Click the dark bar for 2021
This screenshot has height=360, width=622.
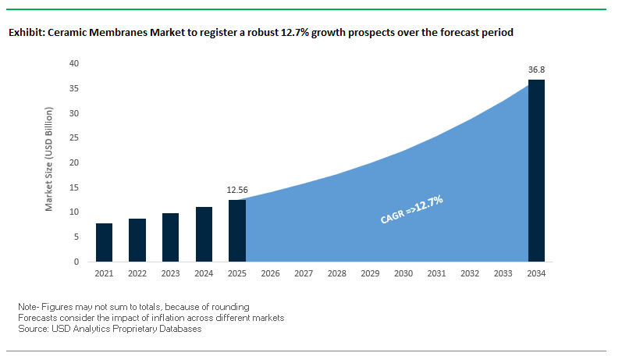pyautogui.click(x=105, y=242)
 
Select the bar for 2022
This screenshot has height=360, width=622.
pyautogui.click(x=137, y=240)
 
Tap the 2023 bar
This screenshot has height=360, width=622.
pyautogui.click(x=170, y=237)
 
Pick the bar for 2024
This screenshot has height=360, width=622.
pyautogui.click(x=204, y=233)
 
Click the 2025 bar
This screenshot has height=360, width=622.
pyautogui.click(x=236, y=230)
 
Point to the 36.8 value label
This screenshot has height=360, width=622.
pyautogui.click(x=536, y=70)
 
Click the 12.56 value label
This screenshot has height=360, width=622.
pyautogui.click(x=236, y=190)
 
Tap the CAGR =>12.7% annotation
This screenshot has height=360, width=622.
pyautogui.click(x=411, y=210)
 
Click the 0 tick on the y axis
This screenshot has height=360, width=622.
pyautogui.click(x=77, y=262)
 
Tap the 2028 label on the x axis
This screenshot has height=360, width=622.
pyautogui.click(x=337, y=273)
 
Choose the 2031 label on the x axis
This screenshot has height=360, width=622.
pyautogui.click(x=436, y=273)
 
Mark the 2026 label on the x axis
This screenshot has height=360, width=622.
pyautogui.click(x=270, y=273)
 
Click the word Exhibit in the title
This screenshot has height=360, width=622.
pyautogui.click(x=24, y=33)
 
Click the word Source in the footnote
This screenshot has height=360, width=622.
pyautogui.click(x=32, y=329)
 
